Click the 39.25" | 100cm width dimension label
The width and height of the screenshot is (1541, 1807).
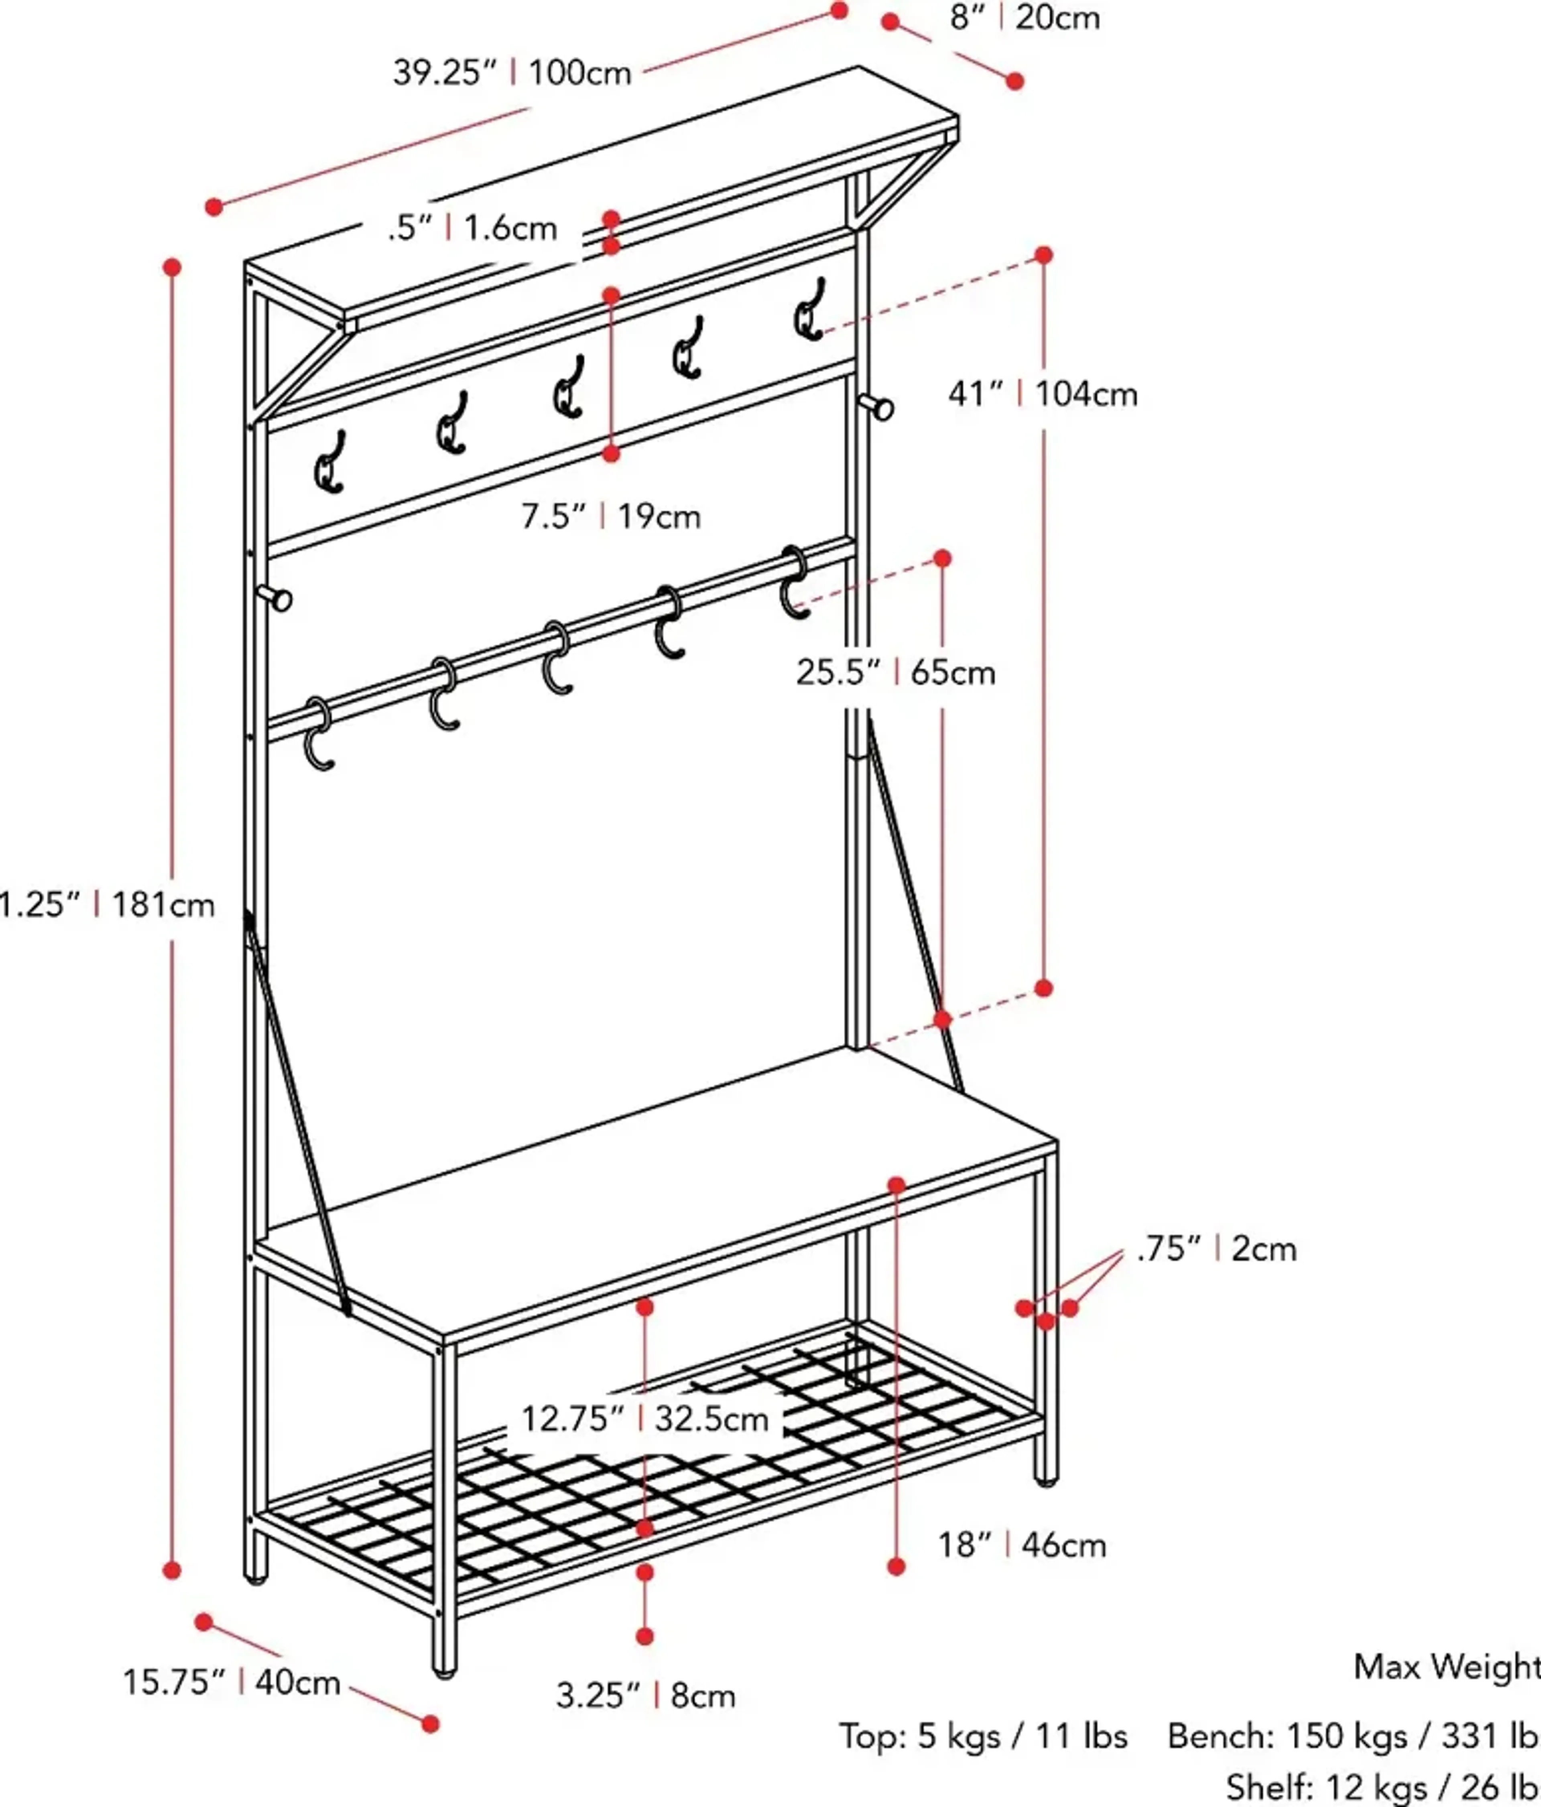coord(512,72)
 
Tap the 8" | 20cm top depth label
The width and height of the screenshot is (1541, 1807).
coord(1025,17)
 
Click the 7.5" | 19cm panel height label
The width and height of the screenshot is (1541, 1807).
coord(610,516)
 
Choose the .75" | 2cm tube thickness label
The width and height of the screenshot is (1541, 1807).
coord(1217,1249)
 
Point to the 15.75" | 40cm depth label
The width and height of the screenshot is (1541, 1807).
coord(231,1681)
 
